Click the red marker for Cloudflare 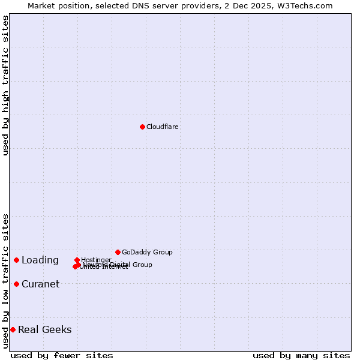142,127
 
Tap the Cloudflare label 163,127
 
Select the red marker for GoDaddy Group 118,252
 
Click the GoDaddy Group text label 147,252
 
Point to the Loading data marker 16,260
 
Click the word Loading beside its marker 40,260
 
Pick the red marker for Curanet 16,284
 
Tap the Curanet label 41,284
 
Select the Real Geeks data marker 13,329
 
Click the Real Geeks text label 45,330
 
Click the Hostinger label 96,260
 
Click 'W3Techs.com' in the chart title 305,5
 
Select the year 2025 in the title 265,5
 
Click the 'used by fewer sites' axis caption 62,355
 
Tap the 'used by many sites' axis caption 301,355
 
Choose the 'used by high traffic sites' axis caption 5,85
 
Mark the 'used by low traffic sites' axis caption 5,280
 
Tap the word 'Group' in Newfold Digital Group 142,265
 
